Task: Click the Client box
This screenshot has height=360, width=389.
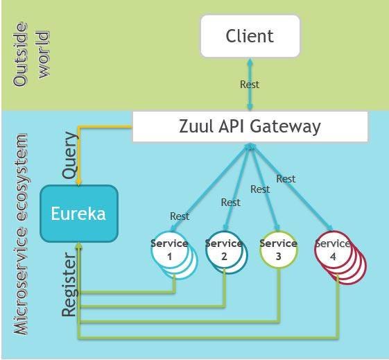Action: coord(250,36)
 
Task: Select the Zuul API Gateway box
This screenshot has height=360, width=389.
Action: coord(250,126)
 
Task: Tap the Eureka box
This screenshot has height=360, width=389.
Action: coord(78,213)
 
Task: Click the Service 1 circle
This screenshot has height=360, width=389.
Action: coord(170,251)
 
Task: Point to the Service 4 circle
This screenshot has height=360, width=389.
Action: coord(334,251)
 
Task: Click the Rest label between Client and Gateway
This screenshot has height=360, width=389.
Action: coord(250,85)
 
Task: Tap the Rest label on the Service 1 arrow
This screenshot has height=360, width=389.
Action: coord(180,216)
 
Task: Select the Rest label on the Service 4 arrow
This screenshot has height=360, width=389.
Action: coord(286,179)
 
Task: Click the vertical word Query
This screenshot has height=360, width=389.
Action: coord(71,156)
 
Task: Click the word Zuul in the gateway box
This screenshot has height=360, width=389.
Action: coord(197,126)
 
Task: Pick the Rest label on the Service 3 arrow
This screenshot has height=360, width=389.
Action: coord(260,189)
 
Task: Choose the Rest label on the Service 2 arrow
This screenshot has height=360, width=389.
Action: coord(231,203)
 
